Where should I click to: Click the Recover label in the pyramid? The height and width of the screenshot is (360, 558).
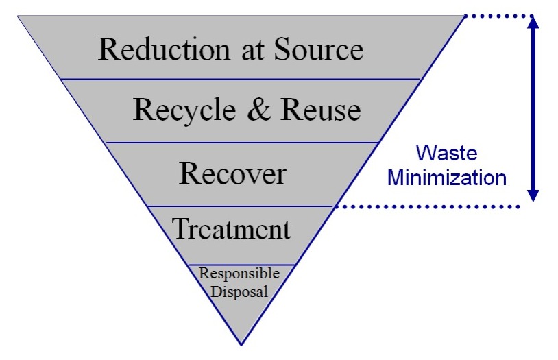pyautogui.click(x=232, y=173)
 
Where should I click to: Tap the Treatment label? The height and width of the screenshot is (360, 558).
pyautogui.click(x=232, y=228)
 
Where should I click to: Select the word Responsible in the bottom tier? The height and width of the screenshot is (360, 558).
pyautogui.click(x=239, y=274)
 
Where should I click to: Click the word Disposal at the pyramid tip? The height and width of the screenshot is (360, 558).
pyautogui.click(x=239, y=290)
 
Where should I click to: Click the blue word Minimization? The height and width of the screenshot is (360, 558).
pyautogui.click(x=447, y=178)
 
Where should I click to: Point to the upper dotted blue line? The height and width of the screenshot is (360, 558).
pyautogui.click(x=498, y=15)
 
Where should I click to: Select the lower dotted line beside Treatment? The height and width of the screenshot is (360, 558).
pyautogui.click(x=425, y=206)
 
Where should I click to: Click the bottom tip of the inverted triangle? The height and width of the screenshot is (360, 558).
pyautogui.click(x=241, y=343)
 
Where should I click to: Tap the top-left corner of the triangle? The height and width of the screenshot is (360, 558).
pyautogui.click(x=19, y=16)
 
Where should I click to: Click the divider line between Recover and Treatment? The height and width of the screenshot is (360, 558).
pyautogui.click(x=240, y=206)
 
